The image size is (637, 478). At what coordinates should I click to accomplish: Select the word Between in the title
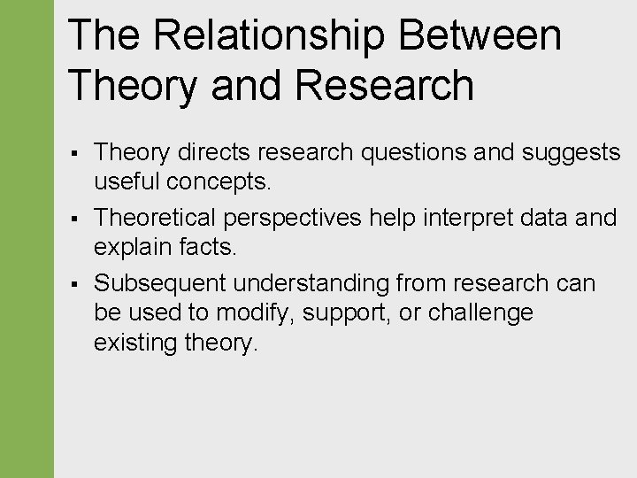pos(480,36)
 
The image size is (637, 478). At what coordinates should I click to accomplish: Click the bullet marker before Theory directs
pos(76,154)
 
